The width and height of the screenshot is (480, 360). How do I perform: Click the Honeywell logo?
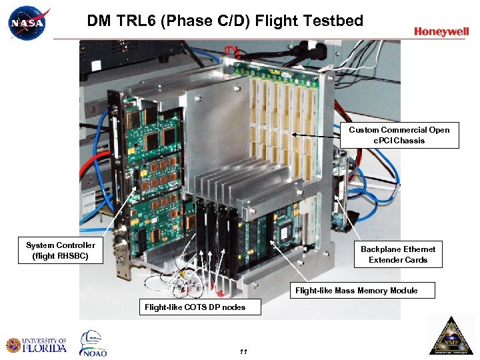pyautogui.click(x=441, y=31)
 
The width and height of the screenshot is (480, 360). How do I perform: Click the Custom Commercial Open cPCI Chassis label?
pyautogui.click(x=399, y=135)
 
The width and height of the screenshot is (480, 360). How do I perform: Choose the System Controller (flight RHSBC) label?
pyautogui.click(x=61, y=250)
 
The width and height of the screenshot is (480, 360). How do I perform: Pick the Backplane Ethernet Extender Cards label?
pyautogui.click(x=398, y=254)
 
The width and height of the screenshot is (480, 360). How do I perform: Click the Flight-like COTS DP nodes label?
pyautogui.click(x=195, y=307)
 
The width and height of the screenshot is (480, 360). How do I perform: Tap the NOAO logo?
pyautogui.click(x=93, y=344)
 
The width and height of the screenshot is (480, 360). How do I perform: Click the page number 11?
pyautogui.click(x=243, y=351)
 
